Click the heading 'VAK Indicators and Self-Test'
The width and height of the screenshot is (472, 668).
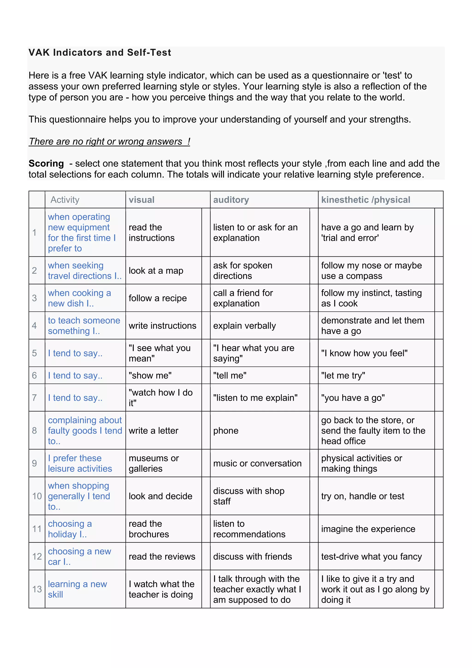pos(100,53)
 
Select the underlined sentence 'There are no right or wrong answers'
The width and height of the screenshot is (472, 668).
pos(109,141)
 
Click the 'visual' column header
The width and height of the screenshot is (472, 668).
pos(142,200)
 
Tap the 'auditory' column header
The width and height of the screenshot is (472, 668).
pos(231,200)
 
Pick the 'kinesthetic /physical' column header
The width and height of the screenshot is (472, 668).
pos(366,200)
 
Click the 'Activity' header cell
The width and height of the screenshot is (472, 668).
pos(65,200)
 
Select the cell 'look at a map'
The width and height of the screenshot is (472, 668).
pos(156,271)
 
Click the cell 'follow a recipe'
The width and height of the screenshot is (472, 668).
pos(158,298)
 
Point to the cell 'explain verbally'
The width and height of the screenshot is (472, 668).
pos(245,325)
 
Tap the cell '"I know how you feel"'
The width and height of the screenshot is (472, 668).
pos(364,353)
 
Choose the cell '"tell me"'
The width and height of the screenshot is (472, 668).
pos(230,376)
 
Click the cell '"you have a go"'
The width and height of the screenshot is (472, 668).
pos(353,398)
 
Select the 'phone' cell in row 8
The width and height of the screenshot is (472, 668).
pos(226,431)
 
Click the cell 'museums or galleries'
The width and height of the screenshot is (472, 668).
pos(154,463)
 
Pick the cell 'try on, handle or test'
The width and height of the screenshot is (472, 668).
pos(363,496)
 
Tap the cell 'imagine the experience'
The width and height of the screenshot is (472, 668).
pos(368,529)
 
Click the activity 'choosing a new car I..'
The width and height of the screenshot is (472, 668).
pos(79,557)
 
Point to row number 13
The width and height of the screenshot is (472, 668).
pos(37,589)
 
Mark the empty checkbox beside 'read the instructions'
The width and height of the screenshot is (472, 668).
pos(206,233)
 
